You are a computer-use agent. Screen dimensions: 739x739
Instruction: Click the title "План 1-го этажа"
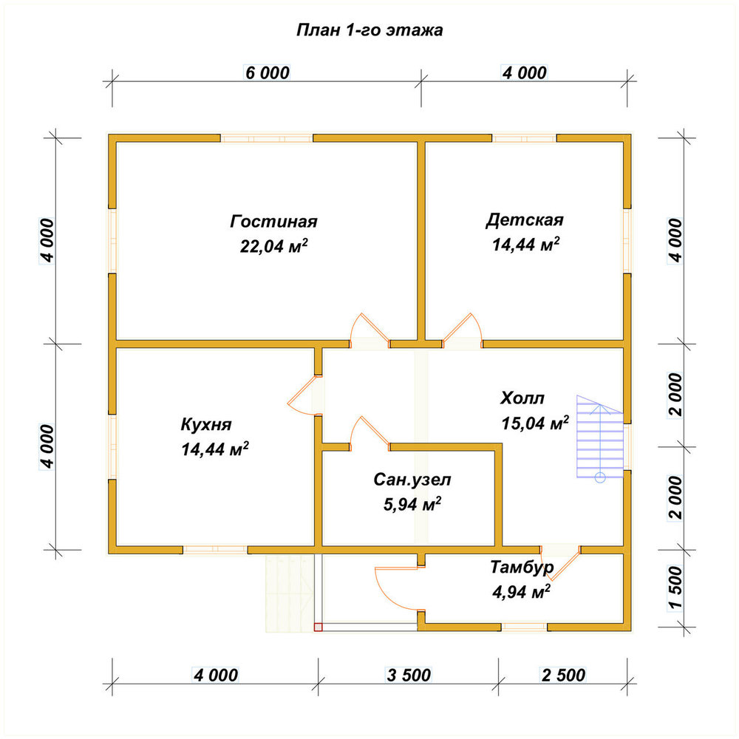(369, 30)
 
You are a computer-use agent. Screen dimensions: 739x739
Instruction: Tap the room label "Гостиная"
(274, 221)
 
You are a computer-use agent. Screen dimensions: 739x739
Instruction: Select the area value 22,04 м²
(274, 245)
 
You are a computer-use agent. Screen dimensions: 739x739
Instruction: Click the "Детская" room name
(525, 219)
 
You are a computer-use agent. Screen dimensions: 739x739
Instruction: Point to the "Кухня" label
(206, 425)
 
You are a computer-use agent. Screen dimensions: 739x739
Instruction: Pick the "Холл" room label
(522, 398)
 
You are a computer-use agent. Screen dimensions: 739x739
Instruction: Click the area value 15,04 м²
(535, 423)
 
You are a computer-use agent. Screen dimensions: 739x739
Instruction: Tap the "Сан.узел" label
(412, 480)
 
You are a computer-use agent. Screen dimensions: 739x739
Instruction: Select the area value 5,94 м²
(412, 504)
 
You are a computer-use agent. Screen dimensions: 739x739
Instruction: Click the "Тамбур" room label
(522, 567)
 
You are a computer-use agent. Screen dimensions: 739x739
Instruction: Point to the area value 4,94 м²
(521, 591)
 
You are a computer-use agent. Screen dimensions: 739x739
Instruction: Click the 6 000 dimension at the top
(268, 72)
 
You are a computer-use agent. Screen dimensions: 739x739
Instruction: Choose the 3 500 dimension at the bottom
(409, 675)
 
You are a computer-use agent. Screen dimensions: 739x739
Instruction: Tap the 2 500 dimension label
(563, 675)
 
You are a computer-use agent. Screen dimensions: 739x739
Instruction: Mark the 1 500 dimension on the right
(675, 588)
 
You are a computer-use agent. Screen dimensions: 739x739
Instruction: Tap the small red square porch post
(318, 627)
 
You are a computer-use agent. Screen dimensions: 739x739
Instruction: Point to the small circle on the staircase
(600, 477)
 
